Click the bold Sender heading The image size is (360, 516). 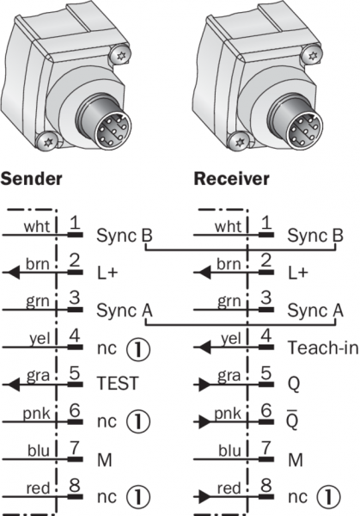(x=31, y=179)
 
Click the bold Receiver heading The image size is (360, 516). (x=231, y=179)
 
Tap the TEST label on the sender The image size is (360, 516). (x=118, y=384)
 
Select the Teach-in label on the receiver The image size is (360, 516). (x=323, y=347)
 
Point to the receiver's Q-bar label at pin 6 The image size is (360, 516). (x=293, y=421)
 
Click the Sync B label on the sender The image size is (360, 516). (x=125, y=236)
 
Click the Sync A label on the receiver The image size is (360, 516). (x=315, y=310)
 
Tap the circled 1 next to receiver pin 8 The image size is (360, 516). (x=329, y=496)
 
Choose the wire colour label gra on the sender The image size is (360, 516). (x=38, y=375)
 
